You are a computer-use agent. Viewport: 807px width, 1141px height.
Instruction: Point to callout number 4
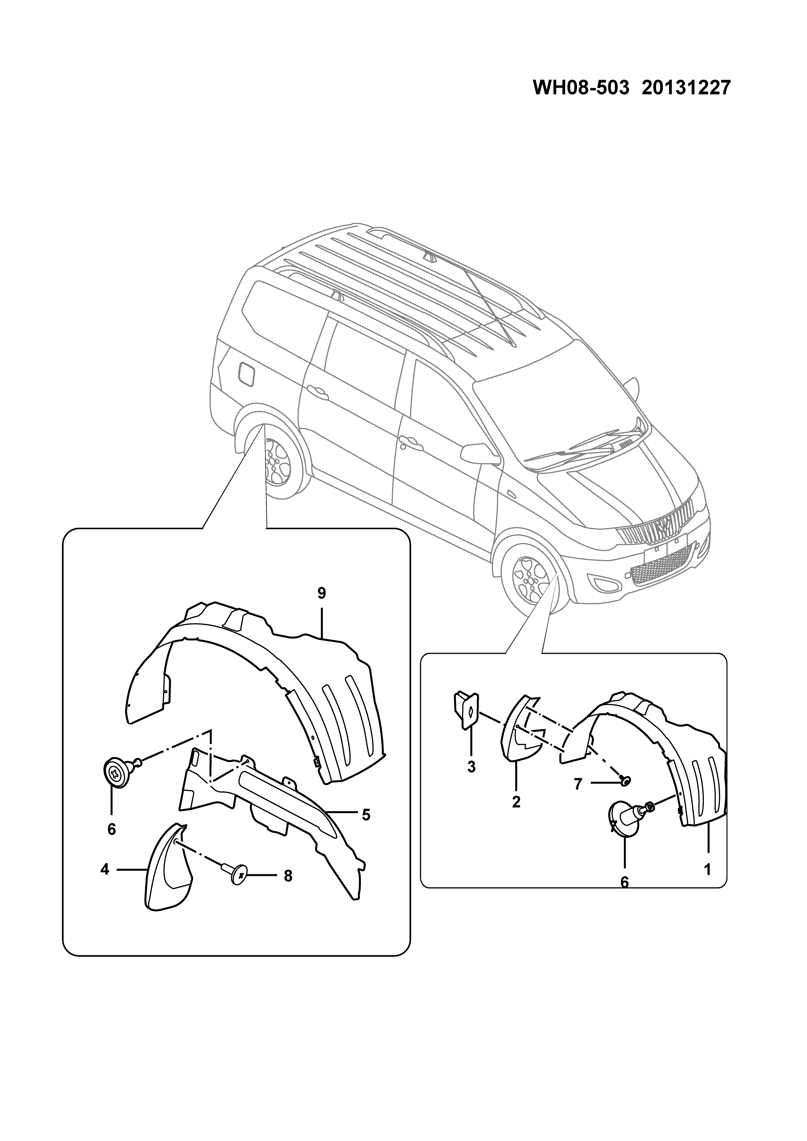104,869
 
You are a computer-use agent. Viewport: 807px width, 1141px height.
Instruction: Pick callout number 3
471,767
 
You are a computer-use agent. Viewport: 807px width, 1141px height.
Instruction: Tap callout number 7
577,784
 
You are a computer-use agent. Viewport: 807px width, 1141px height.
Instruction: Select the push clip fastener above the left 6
120,785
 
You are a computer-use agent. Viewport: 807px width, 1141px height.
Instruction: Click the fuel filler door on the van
247,374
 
